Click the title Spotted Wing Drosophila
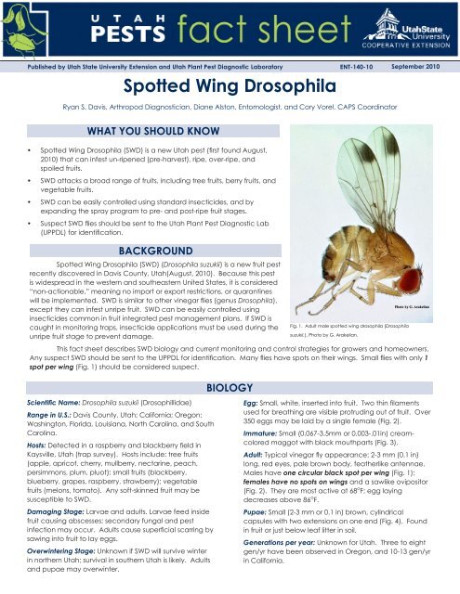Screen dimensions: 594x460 [229, 87]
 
